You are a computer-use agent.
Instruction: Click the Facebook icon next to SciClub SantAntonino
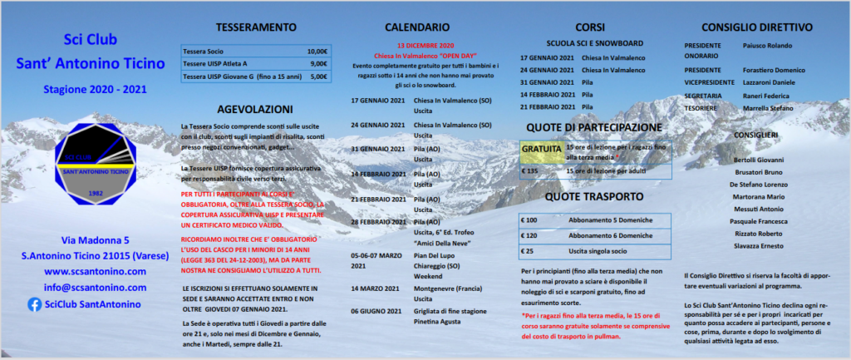tap(35, 304)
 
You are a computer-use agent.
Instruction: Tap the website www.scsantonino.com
tap(94, 271)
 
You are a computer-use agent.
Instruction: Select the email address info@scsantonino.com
tap(94, 288)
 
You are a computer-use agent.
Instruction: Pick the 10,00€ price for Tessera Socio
tap(317, 51)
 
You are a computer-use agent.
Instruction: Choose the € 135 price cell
tap(529, 170)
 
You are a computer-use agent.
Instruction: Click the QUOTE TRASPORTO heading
tap(594, 197)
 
